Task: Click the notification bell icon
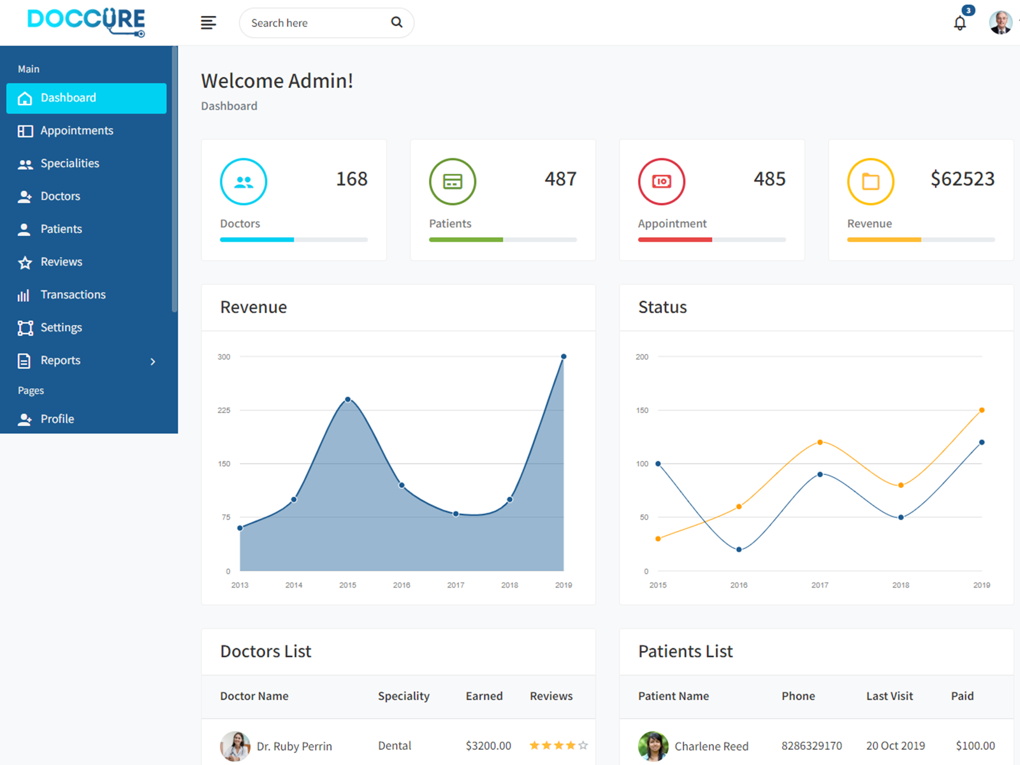click(959, 24)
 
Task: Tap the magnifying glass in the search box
click(397, 22)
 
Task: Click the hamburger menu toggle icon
click(208, 23)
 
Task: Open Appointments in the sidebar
click(76, 131)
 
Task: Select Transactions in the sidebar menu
click(73, 295)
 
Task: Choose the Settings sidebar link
click(61, 328)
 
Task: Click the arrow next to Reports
click(153, 361)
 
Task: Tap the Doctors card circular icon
click(244, 182)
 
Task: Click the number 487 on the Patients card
click(560, 179)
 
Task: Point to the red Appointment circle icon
click(662, 182)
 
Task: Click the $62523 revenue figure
click(962, 179)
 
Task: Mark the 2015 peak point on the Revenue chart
click(347, 400)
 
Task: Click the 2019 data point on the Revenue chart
click(564, 357)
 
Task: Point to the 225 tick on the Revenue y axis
click(224, 411)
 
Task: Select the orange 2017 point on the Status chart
click(820, 442)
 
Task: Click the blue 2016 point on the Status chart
click(739, 550)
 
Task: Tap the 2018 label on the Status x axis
click(901, 585)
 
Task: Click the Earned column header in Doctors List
click(484, 696)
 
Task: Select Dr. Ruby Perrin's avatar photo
click(235, 746)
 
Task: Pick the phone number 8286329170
click(812, 746)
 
